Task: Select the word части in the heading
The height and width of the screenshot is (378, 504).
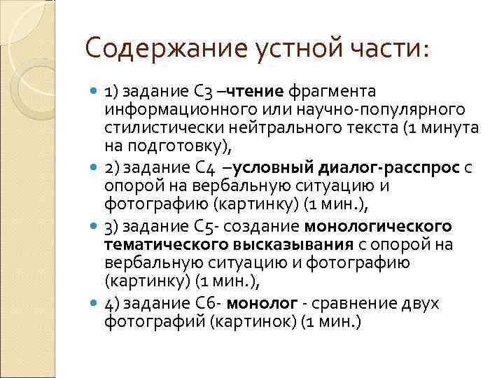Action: click(391, 50)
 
